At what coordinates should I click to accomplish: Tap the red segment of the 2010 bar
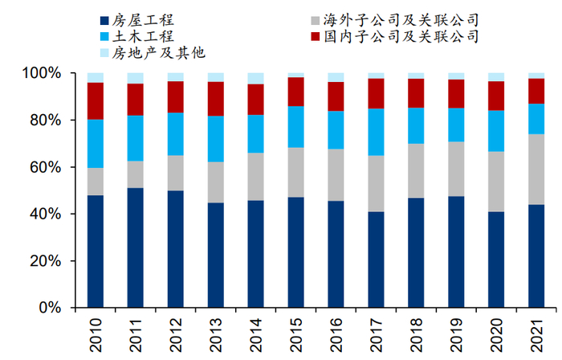(96, 100)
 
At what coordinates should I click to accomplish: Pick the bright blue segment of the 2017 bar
(376, 132)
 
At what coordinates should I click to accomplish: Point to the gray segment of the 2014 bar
(256, 176)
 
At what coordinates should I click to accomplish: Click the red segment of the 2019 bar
(456, 93)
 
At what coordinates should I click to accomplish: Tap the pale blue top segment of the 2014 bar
(256, 78)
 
